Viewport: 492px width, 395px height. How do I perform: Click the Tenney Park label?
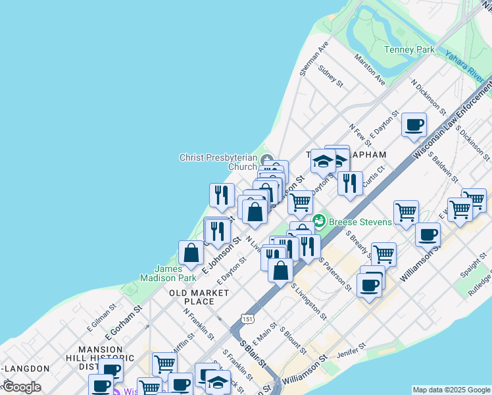408,49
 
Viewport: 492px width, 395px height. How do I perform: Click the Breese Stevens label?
360,221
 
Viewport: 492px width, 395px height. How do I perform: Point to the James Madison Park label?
168,273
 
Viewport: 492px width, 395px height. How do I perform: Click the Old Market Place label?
199,297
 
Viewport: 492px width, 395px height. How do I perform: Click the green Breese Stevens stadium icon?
319,221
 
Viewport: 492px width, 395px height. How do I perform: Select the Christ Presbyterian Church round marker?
266,160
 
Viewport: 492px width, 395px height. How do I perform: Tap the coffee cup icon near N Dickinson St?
414,125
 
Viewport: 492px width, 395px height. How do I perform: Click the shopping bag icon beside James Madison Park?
191,253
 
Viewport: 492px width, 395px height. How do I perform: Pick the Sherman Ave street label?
314,60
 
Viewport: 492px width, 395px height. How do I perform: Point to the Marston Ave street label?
370,70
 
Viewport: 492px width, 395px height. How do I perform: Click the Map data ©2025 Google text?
451,390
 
